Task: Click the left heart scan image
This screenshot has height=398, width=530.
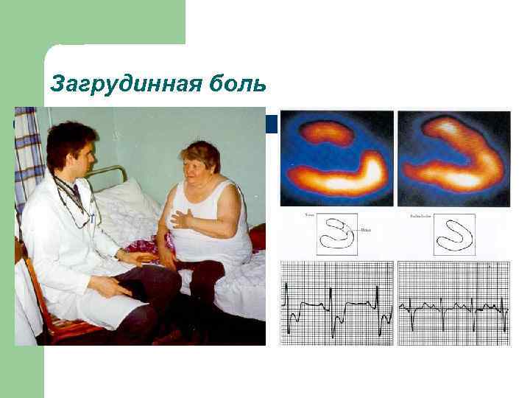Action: pos(336,158)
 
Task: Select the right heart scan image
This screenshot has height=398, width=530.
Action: pos(453,158)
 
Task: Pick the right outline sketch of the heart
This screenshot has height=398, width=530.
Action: pos(453,235)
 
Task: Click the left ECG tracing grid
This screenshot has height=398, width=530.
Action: pos(336,302)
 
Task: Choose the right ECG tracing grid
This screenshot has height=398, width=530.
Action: pos(453,302)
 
